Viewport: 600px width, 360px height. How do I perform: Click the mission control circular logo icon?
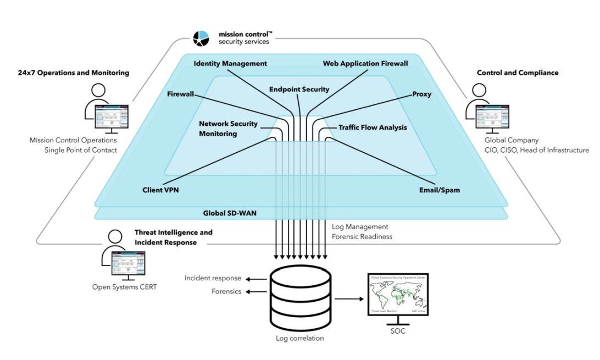click(201, 38)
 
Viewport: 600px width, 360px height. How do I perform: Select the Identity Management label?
click(230, 64)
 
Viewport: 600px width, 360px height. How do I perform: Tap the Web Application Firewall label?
click(365, 64)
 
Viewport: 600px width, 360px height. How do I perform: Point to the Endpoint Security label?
click(299, 89)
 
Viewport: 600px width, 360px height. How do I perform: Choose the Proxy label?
click(421, 94)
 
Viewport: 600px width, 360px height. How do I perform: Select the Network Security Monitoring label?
click(228, 129)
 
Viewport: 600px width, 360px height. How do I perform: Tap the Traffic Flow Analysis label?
click(373, 128)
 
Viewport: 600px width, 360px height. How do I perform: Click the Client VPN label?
click(160, 190)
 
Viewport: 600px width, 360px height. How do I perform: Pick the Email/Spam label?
click(440, 190)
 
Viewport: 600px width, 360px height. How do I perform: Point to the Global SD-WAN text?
click(226, 212)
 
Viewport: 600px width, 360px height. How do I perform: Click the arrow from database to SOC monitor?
click(348, 300)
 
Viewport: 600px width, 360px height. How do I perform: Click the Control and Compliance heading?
click(518, 73)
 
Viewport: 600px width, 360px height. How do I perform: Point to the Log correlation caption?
click(299, 338)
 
